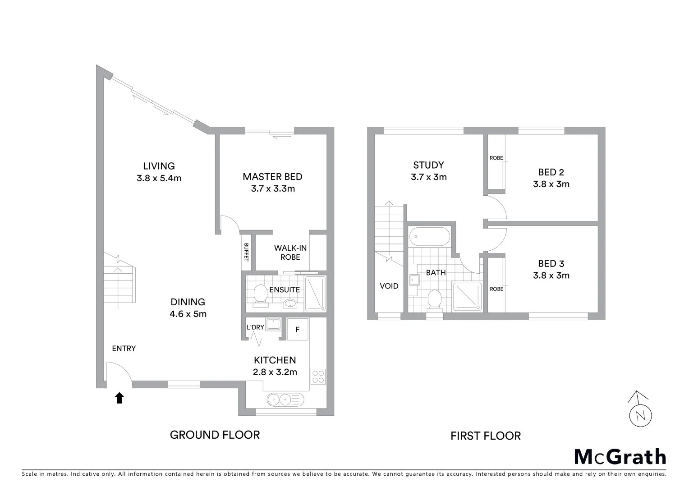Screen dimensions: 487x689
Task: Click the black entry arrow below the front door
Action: [x=119, y=398]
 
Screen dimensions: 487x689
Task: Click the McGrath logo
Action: [x=620, y=457]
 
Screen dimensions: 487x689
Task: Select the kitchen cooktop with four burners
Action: [x=318, y=377]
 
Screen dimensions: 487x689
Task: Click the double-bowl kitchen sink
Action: [x=285, y=400]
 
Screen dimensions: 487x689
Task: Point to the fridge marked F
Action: [x=298, y=330]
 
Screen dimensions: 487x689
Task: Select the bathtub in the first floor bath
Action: [x=429, y=236]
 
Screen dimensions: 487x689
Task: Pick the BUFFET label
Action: [x=246, y=252]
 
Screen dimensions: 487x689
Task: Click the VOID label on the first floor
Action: [x=389, y=286]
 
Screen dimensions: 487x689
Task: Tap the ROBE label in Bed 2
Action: [x=496, y=158]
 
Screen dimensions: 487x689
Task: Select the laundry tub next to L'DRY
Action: [x=273, y=324]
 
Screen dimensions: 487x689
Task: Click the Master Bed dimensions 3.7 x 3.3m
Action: [x=273, y=188]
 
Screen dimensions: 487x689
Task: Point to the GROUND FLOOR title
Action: [x=215, y=435]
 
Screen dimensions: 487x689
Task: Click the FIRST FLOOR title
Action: [x=486, y=436]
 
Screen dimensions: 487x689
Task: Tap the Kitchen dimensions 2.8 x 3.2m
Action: [x=275, y=372]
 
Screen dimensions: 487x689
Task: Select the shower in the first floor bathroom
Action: [x=467, y=296]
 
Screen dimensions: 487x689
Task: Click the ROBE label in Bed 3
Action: [x=496, y=289]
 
